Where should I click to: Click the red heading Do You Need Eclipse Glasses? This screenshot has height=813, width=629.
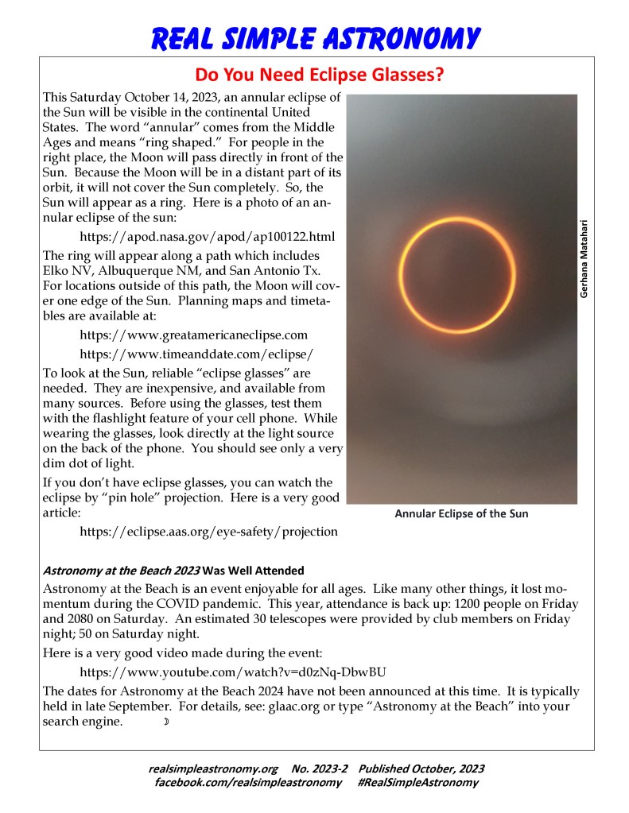coord(319,75)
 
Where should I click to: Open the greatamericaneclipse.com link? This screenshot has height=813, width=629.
coord(194,335)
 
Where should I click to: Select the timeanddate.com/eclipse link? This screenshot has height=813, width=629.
coord(197,354)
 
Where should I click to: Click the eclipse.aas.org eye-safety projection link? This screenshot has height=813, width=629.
coord(209,531)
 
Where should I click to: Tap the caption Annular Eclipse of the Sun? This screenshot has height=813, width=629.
coord(461,513)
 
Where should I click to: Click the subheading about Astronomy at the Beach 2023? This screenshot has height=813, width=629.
coord(173,570)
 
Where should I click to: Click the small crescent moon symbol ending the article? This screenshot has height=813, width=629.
coord(166,722)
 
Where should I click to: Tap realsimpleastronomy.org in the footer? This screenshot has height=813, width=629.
coord(212,768)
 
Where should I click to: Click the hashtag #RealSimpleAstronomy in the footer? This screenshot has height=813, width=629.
coord(417,782)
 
